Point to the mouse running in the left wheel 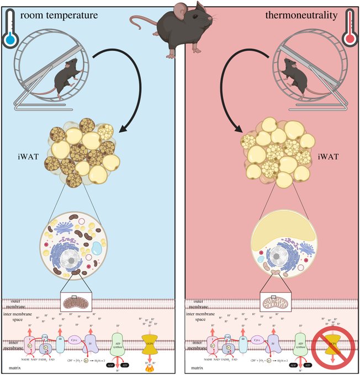[62, 77]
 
